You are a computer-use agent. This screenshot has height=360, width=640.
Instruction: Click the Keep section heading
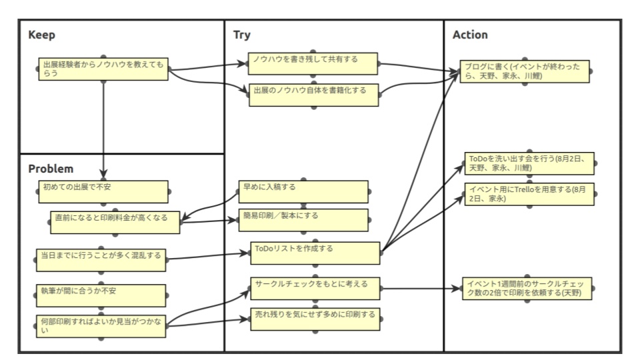pyautogui.click(x=41, y=35)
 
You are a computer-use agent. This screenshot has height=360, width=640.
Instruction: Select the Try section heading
pyautogui.click(x=242, y=35)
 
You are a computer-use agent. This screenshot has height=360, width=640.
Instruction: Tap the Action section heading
pyautogui.click(x=470, y=35)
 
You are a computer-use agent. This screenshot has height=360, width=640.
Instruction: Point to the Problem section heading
pyautogui.click(x=51, y=169)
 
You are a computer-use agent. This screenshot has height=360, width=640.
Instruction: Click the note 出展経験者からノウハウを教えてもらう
pyautogui.click(x=103, y=69)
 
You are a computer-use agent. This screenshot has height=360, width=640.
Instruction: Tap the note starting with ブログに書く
pyautogui.click(x=525, y=71)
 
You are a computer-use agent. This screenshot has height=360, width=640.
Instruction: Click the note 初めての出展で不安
pyautogui.click(x=101, y=191)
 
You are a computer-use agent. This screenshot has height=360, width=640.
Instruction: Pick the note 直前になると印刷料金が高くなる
pyautogui.click(x=115, y=222)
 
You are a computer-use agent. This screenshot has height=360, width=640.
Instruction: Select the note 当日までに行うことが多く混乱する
pyautogui.click(x=101, y=260)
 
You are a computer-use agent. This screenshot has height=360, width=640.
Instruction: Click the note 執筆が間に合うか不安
pyautogui.click(x=101, y=295)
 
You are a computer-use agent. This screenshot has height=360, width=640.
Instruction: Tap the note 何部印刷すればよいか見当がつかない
pyautogui.click(x=101, y=325)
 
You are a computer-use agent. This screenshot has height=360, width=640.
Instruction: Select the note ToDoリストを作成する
pyautogui.click(x=315, y=253)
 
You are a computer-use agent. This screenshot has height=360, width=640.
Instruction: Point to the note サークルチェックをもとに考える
pyautogui.click(x=315, y=288)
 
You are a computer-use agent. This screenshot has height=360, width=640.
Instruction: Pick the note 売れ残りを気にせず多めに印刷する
pyautogui.click(x=315, y=318)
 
